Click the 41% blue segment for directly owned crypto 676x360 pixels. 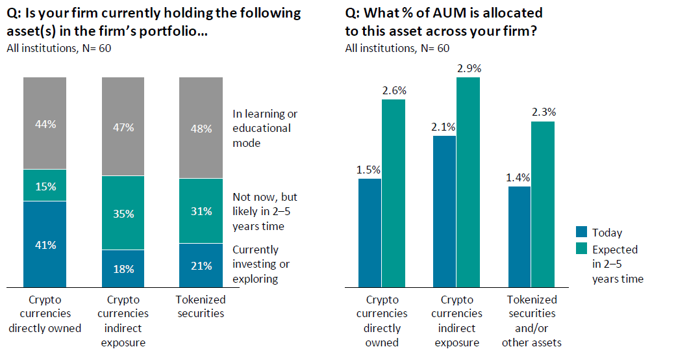45,244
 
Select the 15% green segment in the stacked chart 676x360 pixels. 45,186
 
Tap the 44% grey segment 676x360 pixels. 45,123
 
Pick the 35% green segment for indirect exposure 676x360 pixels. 123,214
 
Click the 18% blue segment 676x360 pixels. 123,268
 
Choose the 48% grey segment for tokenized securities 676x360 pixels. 201,128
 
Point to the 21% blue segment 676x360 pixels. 201,264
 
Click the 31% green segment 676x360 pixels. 201,211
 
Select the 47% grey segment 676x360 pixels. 123,127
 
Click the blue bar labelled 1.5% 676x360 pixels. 370,233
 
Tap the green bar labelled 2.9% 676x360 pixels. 468,182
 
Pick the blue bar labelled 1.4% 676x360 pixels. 520,237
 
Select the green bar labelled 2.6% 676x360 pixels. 394,193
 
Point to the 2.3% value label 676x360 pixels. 544,112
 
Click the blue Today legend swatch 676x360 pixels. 582,233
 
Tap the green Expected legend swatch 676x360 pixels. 582,250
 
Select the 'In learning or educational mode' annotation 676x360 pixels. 264,128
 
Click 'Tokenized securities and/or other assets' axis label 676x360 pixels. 532,321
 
